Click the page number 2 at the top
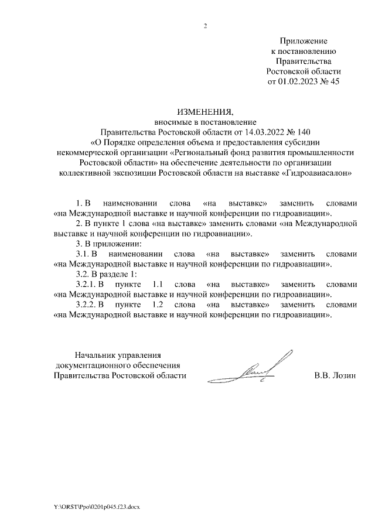[205, 26]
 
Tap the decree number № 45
[329, 82]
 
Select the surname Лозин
[343, 376]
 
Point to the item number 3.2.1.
[87, 284]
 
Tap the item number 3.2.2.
[87, 305]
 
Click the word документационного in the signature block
[93, 365]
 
